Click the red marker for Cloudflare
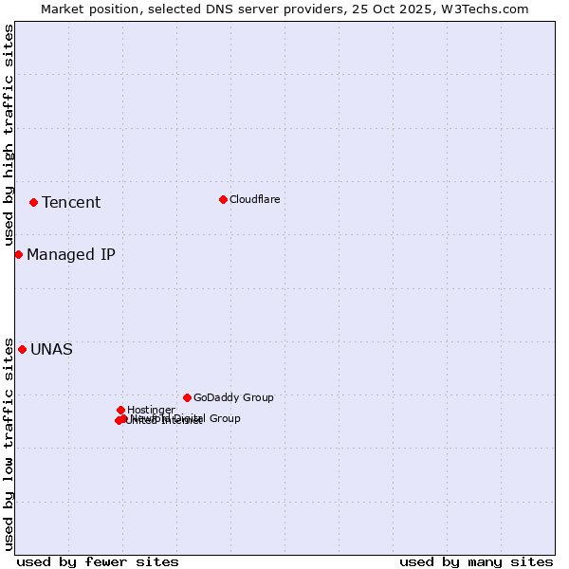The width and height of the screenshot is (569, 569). coord(223,199)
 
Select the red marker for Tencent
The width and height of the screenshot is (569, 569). coord(33,202)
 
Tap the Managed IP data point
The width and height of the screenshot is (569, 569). coord(18,254)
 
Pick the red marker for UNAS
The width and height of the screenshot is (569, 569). coord(22,349)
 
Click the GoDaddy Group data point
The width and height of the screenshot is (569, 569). coord(187,397)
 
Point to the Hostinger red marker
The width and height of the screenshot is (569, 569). coord(120,410)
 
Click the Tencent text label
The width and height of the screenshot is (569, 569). coord(71,202)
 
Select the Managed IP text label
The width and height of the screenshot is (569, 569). coord(71,254)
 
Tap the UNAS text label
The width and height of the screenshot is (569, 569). coord(51,349)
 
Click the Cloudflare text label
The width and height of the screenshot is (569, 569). coord(254,199)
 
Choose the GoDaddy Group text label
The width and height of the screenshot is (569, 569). coord(233,397)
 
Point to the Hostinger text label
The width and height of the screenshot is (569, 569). coord(151,410)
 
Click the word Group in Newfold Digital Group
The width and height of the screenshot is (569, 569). coord(224,418)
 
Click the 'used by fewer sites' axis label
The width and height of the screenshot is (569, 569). coord(98,561)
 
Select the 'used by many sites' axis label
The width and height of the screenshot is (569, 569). coord(476,561)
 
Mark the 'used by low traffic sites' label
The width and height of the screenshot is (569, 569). coord(9,443)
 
